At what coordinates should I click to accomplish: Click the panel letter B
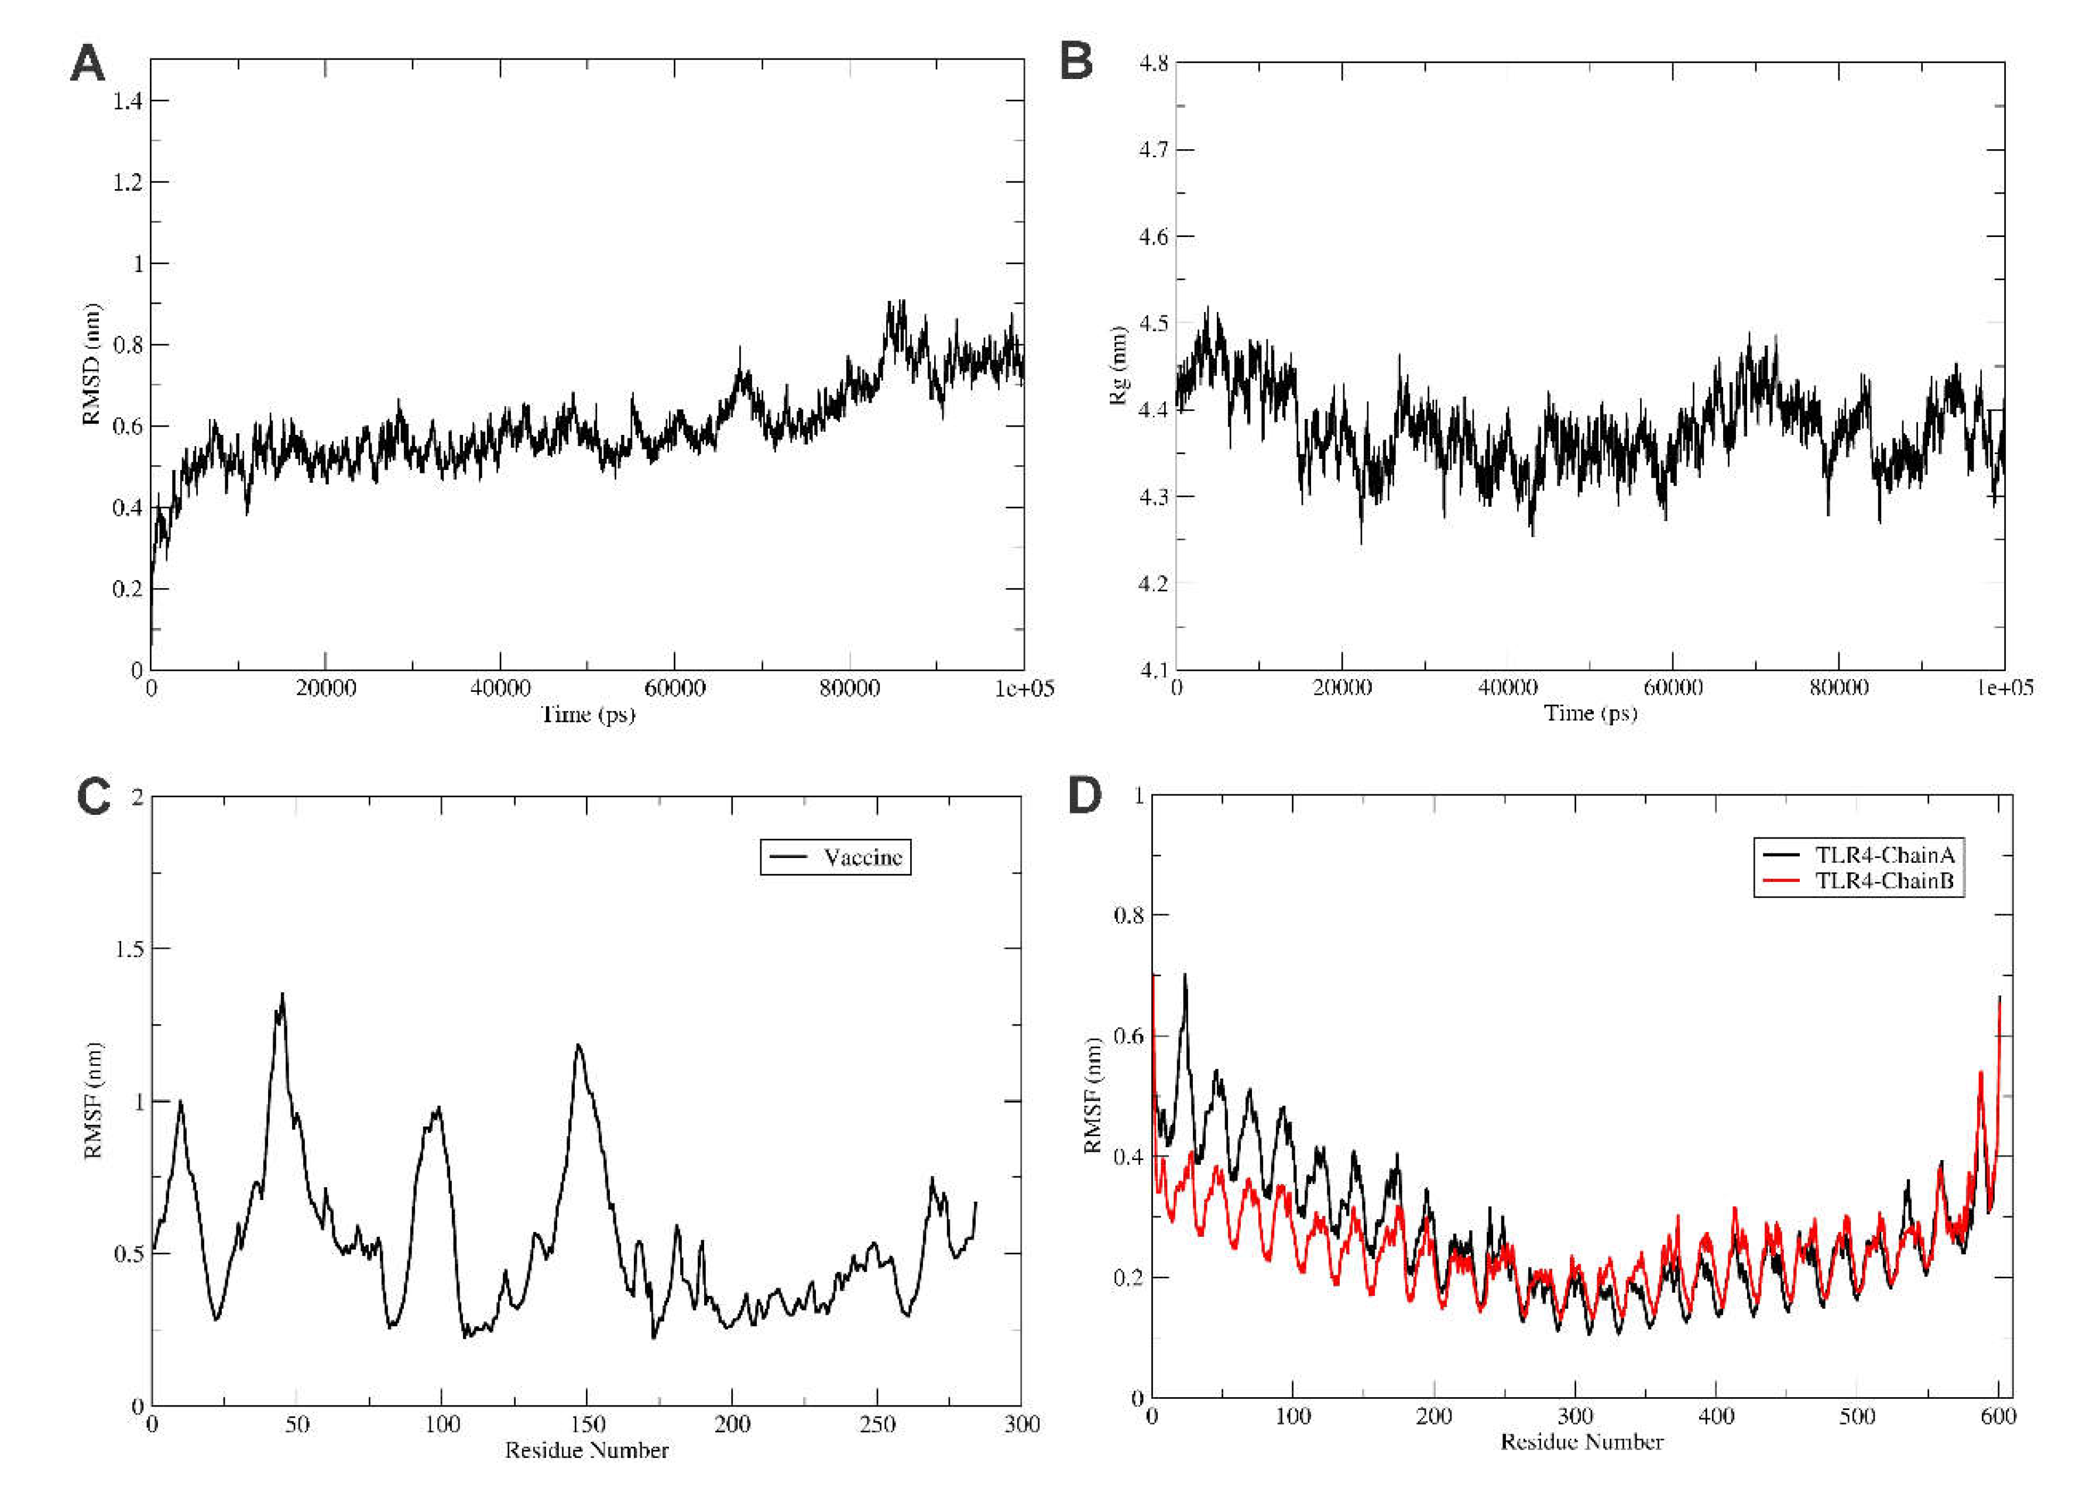1076,64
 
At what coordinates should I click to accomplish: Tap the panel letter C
92,797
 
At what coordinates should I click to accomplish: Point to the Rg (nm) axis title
1118,365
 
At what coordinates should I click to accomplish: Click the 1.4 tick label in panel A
128,101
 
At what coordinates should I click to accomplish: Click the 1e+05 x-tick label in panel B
2003,688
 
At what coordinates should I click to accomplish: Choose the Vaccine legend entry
862,857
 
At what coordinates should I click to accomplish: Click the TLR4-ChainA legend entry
1884,856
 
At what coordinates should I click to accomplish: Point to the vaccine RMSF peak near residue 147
578,1045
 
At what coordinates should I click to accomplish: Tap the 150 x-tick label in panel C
587,1425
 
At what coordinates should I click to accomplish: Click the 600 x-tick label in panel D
1998,1416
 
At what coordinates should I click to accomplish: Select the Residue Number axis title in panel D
1581,1442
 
